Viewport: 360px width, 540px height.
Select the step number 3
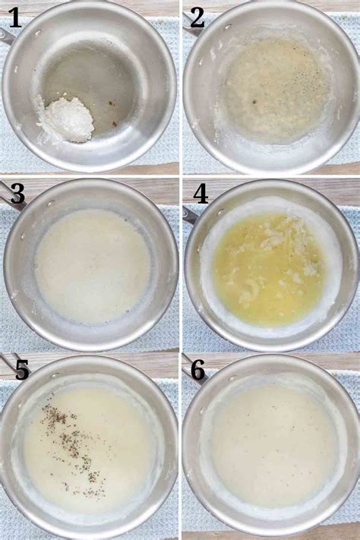coord(17,194)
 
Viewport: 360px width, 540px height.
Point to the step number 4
coord(201,194)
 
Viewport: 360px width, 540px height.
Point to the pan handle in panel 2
coord(191,28)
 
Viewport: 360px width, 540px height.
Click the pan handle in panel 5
coord(8,365)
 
